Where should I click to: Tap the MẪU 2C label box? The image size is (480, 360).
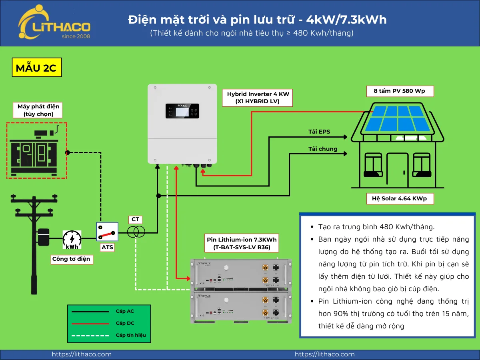pyautogui.click(x=36, y=68)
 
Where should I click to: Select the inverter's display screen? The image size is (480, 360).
pyautogui.click(x=182, y=111)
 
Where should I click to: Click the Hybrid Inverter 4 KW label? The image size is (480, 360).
pyautogui.click(x=258, y=98)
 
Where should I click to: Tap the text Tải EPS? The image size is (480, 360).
pyautogui.click(x=319, y=132)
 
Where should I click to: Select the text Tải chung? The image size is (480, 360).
pyautogui.click(x=322, y=149)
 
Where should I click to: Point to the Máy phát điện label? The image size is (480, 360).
pyautogui.click(x=38, y=110)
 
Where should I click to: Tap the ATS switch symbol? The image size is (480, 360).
pyautogui.click(x=107, y=232)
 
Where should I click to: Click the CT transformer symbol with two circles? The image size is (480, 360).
pyautogui.click(x=136, y=232)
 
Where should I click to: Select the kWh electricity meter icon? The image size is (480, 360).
pyautogui.click(x=72, y=240)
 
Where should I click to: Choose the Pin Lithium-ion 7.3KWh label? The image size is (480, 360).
pyautogui.click(x=242, y=243)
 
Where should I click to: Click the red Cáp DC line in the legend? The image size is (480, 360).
pyautogui.click(x=90, y=323)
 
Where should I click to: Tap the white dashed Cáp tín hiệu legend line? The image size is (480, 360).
pyautogui.click(x=90, y=335)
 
